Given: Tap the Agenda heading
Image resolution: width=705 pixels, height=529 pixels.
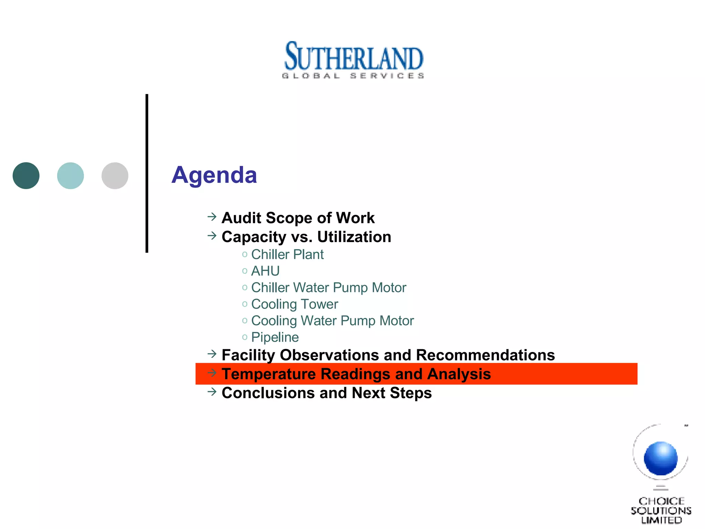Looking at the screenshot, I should (214, 175).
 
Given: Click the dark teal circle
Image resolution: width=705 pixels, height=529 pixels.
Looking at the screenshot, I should (26, 176).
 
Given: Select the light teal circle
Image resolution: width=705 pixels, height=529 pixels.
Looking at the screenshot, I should (71, 176).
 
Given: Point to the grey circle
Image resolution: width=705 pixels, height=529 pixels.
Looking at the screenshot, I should (115, 176).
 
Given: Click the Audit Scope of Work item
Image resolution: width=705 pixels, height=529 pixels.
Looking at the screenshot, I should (298, 218).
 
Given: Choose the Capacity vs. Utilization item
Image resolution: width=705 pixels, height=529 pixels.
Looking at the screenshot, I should (306, 237).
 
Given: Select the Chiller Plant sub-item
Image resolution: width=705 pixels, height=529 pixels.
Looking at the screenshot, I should (287, 255).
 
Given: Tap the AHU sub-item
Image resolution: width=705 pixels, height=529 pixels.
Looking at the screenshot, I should (265, 271).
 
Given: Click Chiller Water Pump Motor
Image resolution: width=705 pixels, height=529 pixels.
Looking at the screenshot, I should (329, 288).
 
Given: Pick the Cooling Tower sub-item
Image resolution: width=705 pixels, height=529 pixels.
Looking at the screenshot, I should (295, 304).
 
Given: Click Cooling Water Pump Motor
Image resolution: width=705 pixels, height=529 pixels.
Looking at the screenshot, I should (333, 321).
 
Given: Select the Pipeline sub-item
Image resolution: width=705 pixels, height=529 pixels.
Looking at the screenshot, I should (275, 337).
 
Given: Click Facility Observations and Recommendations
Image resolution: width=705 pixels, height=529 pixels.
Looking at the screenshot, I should (388, 355).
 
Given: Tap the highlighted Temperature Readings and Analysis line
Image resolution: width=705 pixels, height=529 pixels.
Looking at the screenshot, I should (356, 374).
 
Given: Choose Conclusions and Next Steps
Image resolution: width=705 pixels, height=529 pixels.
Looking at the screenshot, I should (327, 393).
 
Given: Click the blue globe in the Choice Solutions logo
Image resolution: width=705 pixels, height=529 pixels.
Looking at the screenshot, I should (661, 458).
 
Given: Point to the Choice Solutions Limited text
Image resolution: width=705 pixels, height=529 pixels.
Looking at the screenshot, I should (661, 510).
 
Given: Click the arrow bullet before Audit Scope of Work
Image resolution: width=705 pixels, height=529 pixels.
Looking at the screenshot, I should (212, 217).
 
